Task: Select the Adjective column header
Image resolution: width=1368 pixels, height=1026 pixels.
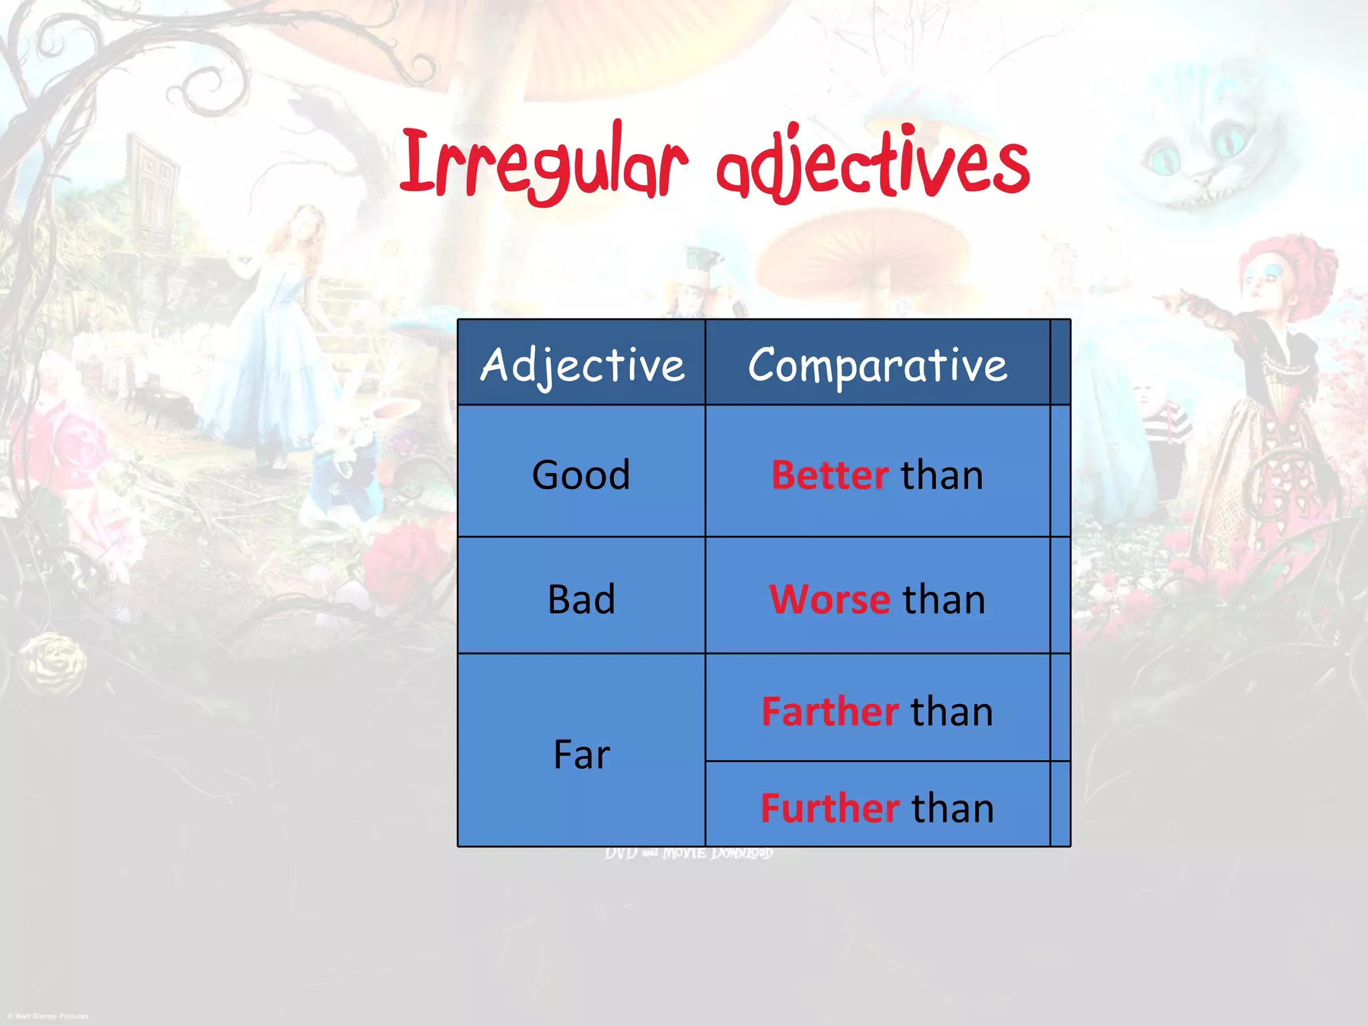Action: [x=582, y=365]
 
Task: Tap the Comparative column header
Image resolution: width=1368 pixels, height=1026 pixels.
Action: [x=877, y=365]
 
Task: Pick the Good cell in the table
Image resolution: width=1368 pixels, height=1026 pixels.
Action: [x=581, y=475]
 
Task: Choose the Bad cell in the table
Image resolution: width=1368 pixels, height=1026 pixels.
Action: [x=581, y=599]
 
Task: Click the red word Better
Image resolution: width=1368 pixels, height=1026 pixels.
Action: [x=830, y=475]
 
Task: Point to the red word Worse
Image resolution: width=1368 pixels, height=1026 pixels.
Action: [x=829, y=599]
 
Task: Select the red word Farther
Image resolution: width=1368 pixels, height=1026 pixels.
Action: [x=830, y=711]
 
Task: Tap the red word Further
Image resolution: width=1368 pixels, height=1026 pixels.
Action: [x=830, y=808]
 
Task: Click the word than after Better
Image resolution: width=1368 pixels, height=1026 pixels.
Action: [x=942, y=475]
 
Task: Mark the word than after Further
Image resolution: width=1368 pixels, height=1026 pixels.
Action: [x=953, y=808]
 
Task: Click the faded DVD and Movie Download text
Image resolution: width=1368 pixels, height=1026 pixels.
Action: [x=689, y=854]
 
